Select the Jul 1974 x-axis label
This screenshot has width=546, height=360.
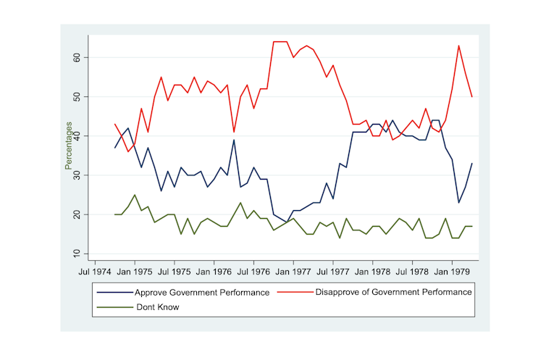tap(94, 272)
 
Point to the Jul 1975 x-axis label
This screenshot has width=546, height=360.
tap(174, 272)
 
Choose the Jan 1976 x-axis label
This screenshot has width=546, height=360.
tap(214, 272)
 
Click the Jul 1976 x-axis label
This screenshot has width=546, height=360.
tap(253, 272)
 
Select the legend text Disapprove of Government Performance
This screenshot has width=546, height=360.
tap(394, 293)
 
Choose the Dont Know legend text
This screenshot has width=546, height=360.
tap(157, 307)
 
